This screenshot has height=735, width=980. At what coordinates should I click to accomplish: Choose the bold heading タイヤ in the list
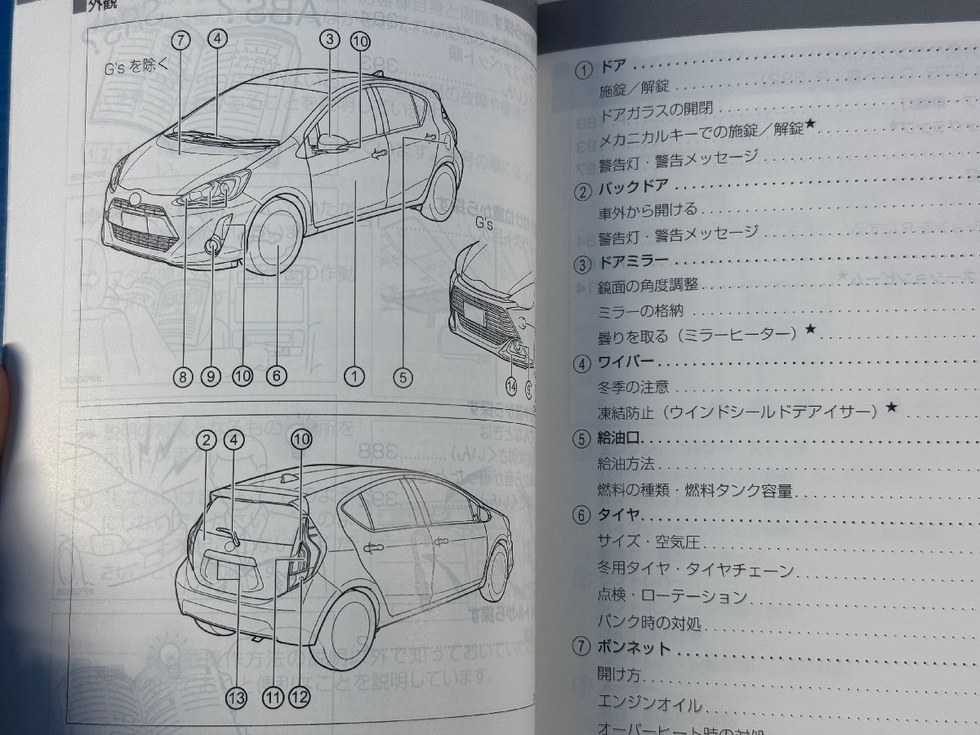[x=620, y=515]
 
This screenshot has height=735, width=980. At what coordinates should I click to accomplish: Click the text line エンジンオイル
[x=650, y=703]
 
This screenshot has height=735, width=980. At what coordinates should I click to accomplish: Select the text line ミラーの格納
[x=636, y=311]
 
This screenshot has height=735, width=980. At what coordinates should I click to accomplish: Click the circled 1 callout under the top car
[x=353, y=376]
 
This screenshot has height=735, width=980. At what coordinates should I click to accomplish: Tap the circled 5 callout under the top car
[x=403, y=376]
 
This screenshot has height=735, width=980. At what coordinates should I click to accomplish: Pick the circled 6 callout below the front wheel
[x=276, y=376]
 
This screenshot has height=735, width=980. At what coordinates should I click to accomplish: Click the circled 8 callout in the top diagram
[x=181, y=376]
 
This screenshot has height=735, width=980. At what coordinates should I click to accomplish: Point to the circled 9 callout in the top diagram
[x=210, y=376]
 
